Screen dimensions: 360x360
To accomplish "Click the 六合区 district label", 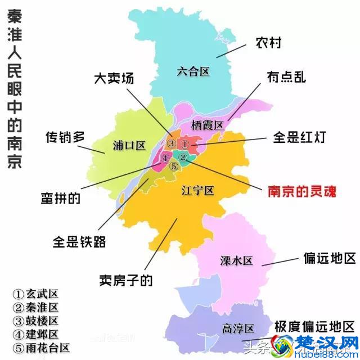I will [192, 71].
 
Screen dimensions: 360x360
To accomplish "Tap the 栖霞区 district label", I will [208, 124].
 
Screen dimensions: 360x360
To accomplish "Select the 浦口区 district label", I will [129, 146].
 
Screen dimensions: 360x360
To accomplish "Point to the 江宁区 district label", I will [197, 191].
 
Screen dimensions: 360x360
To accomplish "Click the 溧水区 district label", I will [236, 260].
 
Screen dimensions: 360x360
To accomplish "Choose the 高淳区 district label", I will [238, 328].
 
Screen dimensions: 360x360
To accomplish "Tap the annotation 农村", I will [268, 42].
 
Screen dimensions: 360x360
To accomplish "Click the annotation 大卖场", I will [114, 78].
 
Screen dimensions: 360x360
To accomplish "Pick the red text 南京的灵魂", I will [301, 192].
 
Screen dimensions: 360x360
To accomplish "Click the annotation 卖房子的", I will [125, 280].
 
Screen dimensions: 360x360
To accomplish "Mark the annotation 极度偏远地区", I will [316, 327].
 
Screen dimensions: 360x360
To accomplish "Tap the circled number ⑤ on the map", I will [174, 166].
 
